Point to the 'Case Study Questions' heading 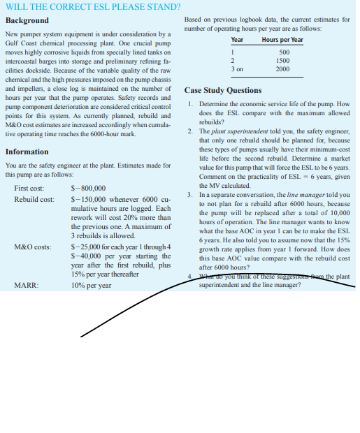[223, 90]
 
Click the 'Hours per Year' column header [282, 40]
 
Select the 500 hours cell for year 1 [284, 52]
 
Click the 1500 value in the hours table [282, 61]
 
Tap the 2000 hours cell [282, 69]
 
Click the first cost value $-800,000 [89, 189]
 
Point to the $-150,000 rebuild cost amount [89, 200]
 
